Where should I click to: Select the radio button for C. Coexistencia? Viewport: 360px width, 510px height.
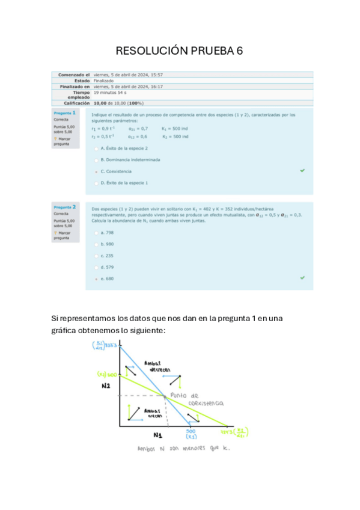(x=96, y=171)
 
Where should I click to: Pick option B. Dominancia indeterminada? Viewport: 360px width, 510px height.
(x=96, y=160)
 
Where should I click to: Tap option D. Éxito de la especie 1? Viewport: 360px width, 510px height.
(x=96, y=183)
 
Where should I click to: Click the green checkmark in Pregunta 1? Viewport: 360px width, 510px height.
(x=302, y=171)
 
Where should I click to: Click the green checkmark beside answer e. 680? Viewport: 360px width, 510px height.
(x=302, y=278)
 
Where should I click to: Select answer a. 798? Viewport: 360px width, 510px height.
(x=96, y=232)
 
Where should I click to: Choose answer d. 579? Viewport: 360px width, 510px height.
(x=96, y=267)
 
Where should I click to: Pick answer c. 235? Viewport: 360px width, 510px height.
(x=96, y=256)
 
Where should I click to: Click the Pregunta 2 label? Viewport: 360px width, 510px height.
(x=65, y=206)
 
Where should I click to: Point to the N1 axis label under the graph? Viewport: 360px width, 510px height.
(x=157, y=435)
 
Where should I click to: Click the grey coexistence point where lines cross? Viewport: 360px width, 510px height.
(x=164, y=395)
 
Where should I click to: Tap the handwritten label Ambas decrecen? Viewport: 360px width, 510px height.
(x=157, y=366)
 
